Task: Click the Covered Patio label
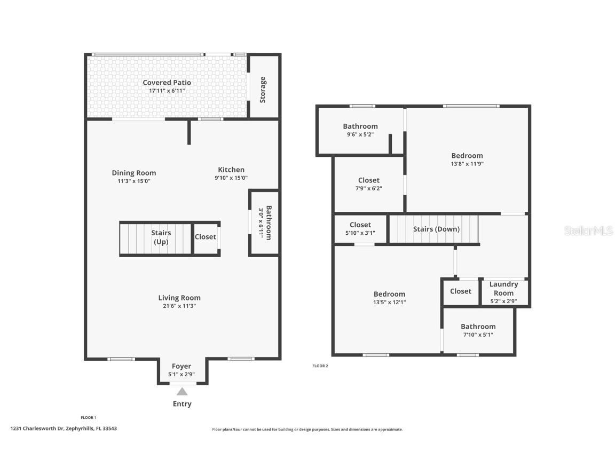click(167, 83)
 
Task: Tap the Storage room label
click(263, 90)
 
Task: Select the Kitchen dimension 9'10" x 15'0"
click(231, 178)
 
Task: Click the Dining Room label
click(134, 173)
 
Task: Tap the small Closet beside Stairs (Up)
click(205, 237)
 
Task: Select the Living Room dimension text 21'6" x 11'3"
click(179, 306)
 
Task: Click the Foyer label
click(182, 367)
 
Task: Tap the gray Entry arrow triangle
click(182, 392)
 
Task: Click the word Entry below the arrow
click(182, 404)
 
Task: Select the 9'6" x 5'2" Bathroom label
click(360, 126)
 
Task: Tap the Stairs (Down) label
click(436, 229)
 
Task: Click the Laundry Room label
click(503, 288)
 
